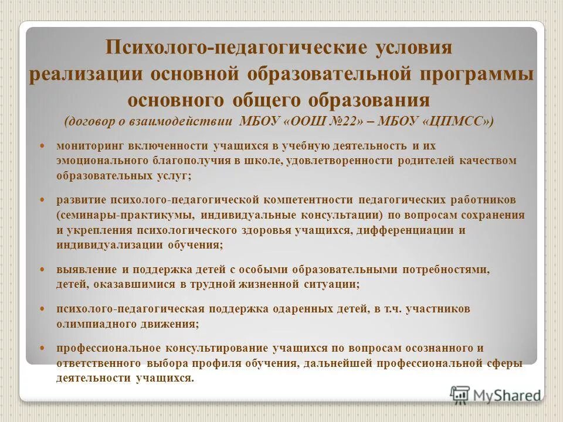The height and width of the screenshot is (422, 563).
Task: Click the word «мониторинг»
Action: click(x=85, y=145)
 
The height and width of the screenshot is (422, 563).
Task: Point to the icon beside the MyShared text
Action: click(x=460, y=394)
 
